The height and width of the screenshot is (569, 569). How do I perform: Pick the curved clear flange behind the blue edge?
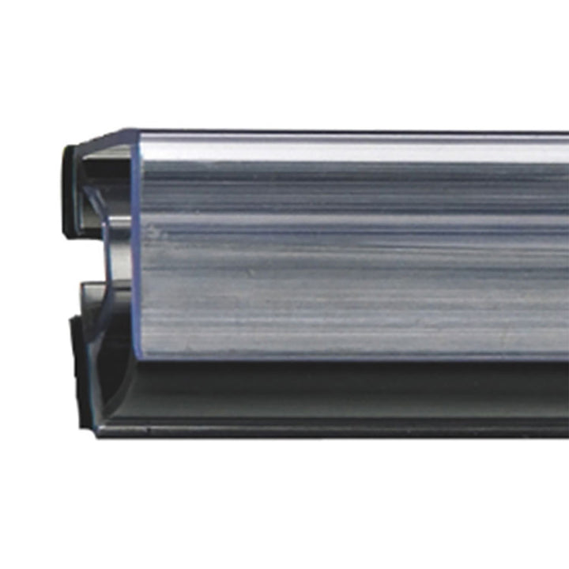(119, 237)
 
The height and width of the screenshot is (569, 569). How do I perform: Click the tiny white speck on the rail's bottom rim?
(147, 430)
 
